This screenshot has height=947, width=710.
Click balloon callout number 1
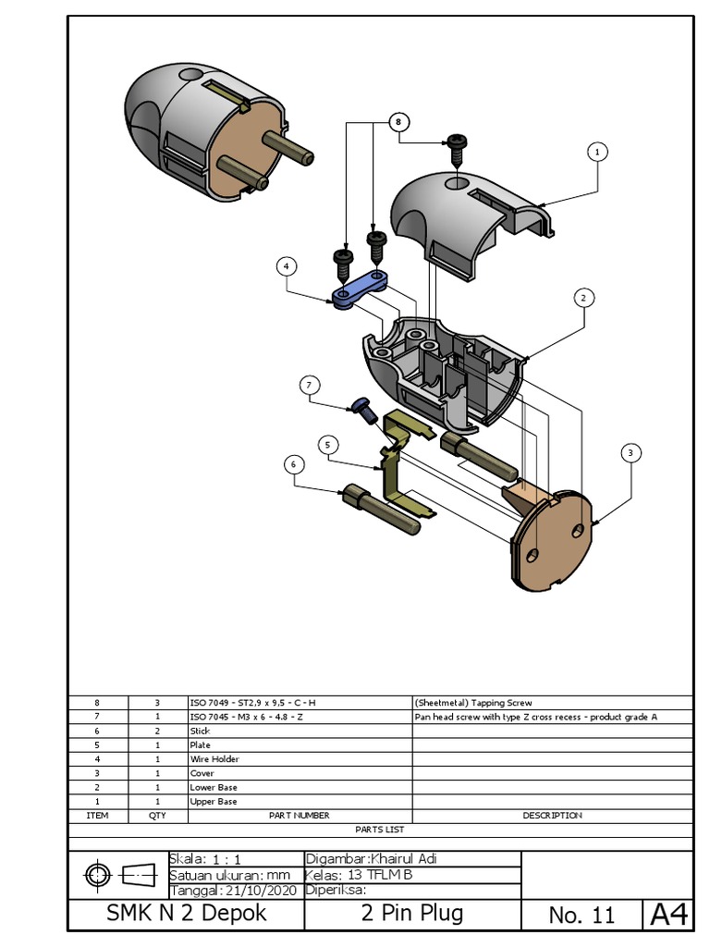click(597, 151)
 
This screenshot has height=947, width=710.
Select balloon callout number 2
click(583, 298)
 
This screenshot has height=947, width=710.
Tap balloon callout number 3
click(630, 452)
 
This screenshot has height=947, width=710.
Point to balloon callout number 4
click(287, 266)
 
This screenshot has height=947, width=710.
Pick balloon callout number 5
click(327, 445)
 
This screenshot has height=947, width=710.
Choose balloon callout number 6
click(293, 463)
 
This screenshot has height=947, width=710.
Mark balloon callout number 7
click(311, 384)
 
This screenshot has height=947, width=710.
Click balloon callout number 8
click(398, 121)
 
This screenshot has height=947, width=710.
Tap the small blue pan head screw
click(361, 407)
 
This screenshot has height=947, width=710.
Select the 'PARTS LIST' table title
click(380, 830)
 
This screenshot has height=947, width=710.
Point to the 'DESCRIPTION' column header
click(552, 816)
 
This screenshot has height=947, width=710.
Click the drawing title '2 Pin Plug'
click(412, 914)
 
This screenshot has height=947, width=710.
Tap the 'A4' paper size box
click(668, 915)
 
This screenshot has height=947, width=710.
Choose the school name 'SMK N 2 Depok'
click(187, 914)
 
